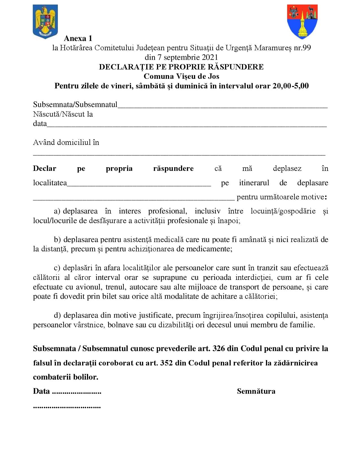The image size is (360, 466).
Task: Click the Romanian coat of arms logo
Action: [x=45, y=21]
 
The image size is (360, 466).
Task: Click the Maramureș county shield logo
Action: [x=302, y=21]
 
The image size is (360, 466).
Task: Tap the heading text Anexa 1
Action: [x=78, y=38]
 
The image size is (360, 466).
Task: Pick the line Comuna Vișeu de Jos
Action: [x=181, y=76]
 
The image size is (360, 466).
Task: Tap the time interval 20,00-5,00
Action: [x=291, y=86]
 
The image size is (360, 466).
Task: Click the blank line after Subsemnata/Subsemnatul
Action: [x=222, y=107]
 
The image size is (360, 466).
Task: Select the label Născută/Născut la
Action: [x=63, y=114]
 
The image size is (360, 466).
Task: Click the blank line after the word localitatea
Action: [x=139, y=185]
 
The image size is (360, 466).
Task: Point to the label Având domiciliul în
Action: [x=66, y=142]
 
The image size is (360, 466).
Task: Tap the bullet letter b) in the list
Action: [x=57, y=239]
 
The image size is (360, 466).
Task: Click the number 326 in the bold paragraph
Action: [x=219, y=349]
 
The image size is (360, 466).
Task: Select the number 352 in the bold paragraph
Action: [x=166, y=363]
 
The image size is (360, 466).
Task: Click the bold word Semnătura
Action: [x=256, y=391]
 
